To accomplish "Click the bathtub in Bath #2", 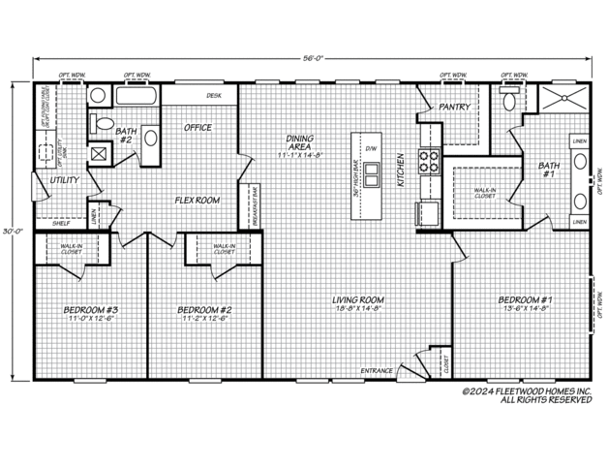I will [x=137, y=97].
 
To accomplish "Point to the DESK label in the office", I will [x=214, y=96].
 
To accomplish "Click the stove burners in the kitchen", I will [x=428, y=160].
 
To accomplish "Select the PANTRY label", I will [x=454, y=107].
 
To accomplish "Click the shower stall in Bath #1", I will [x=557, y=98].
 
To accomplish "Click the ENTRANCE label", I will [x=377, y=371].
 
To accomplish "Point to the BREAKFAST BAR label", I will [x=256, y=203].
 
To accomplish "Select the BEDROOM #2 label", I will [x=203, y=309].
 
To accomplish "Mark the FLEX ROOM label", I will [x=198, y=200].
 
